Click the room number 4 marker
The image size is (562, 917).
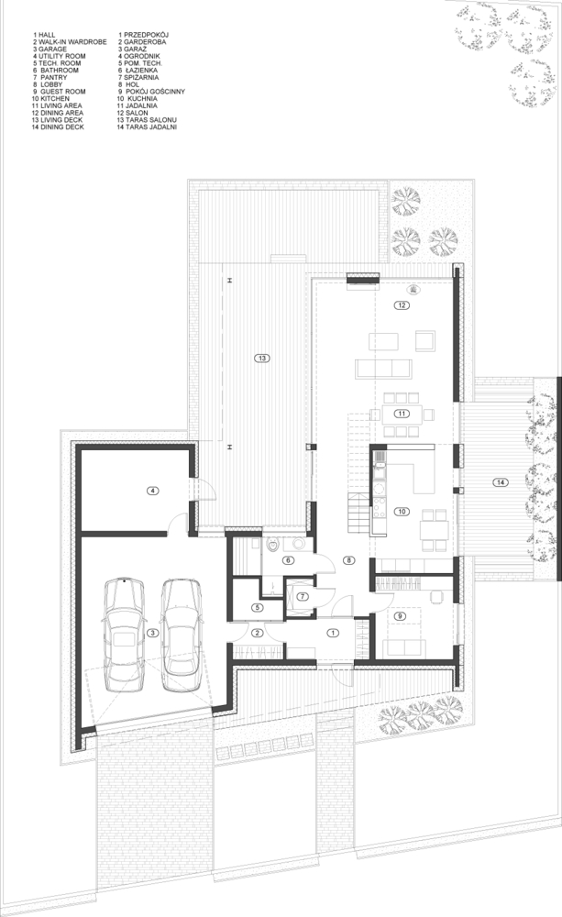tap(152, 491)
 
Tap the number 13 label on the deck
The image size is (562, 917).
tap(262, 358)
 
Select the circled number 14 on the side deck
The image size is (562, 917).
tap(500, 482)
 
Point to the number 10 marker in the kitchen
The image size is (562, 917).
tap(402, 512)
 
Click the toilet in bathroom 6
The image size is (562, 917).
tap(272, 546)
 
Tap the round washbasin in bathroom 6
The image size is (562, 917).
tap(299, 544)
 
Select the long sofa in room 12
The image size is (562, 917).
tap(383, 369)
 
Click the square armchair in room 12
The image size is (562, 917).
tap(425, 340)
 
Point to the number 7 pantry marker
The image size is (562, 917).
tap(302, 597)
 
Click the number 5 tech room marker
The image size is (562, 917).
tap(259, 607)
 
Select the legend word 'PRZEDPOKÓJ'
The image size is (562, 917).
tap(146, 35)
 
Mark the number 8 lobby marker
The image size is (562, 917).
tap(348, 560)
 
